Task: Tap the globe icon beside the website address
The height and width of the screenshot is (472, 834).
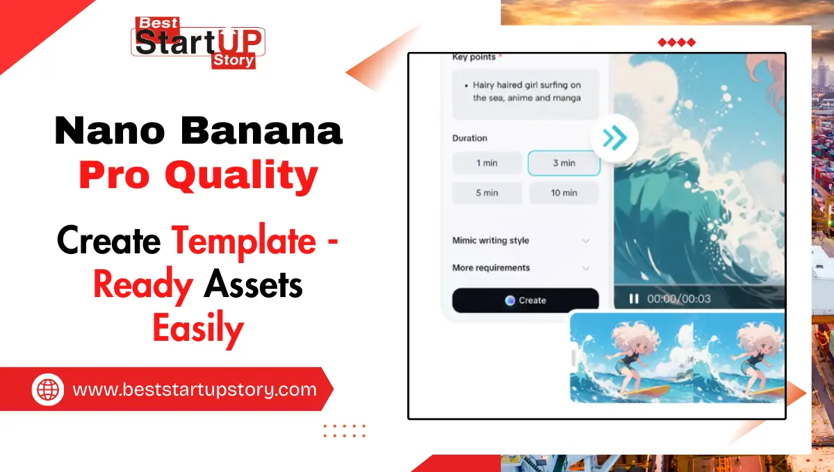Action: [x=48, y=389]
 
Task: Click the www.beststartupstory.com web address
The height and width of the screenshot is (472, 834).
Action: [x=195, y=389]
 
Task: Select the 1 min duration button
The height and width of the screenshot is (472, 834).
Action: [x=487, y=163]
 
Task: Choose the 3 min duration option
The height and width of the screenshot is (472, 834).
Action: [x=564, y=163]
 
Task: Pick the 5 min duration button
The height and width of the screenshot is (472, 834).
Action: [x=487, y=193]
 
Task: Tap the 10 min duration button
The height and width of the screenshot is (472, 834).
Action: [x=564, y=193]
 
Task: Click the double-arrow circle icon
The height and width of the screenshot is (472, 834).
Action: [x=614, y=138]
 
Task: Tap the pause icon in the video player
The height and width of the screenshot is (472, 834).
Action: [x=634, y=298]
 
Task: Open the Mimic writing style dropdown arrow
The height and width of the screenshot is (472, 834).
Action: [x=586, y=241]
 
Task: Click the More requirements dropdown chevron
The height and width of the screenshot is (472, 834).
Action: [x=586, y=268]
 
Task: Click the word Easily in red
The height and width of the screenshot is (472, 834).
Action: [x=198, y=328]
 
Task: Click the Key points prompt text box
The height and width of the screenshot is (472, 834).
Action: [x=525, y=94]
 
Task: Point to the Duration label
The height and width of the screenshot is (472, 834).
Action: [x=470, y=138]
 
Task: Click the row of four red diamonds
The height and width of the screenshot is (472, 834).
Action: [x=676, y=43]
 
